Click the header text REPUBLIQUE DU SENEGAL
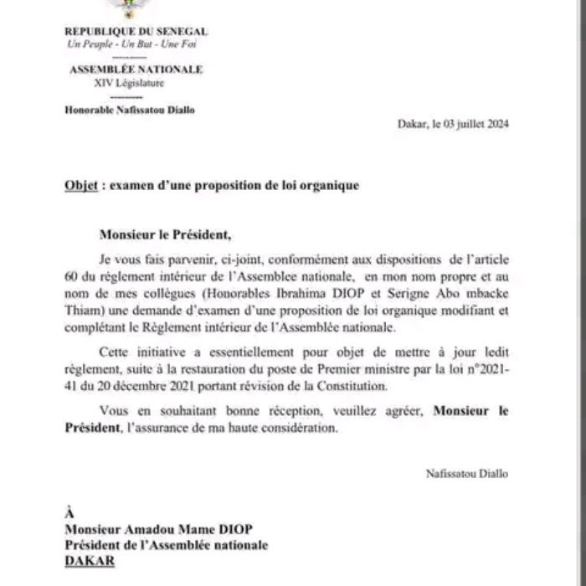pos(136,32)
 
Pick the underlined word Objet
pos(81,185)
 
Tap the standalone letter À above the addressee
pos(69,512)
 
